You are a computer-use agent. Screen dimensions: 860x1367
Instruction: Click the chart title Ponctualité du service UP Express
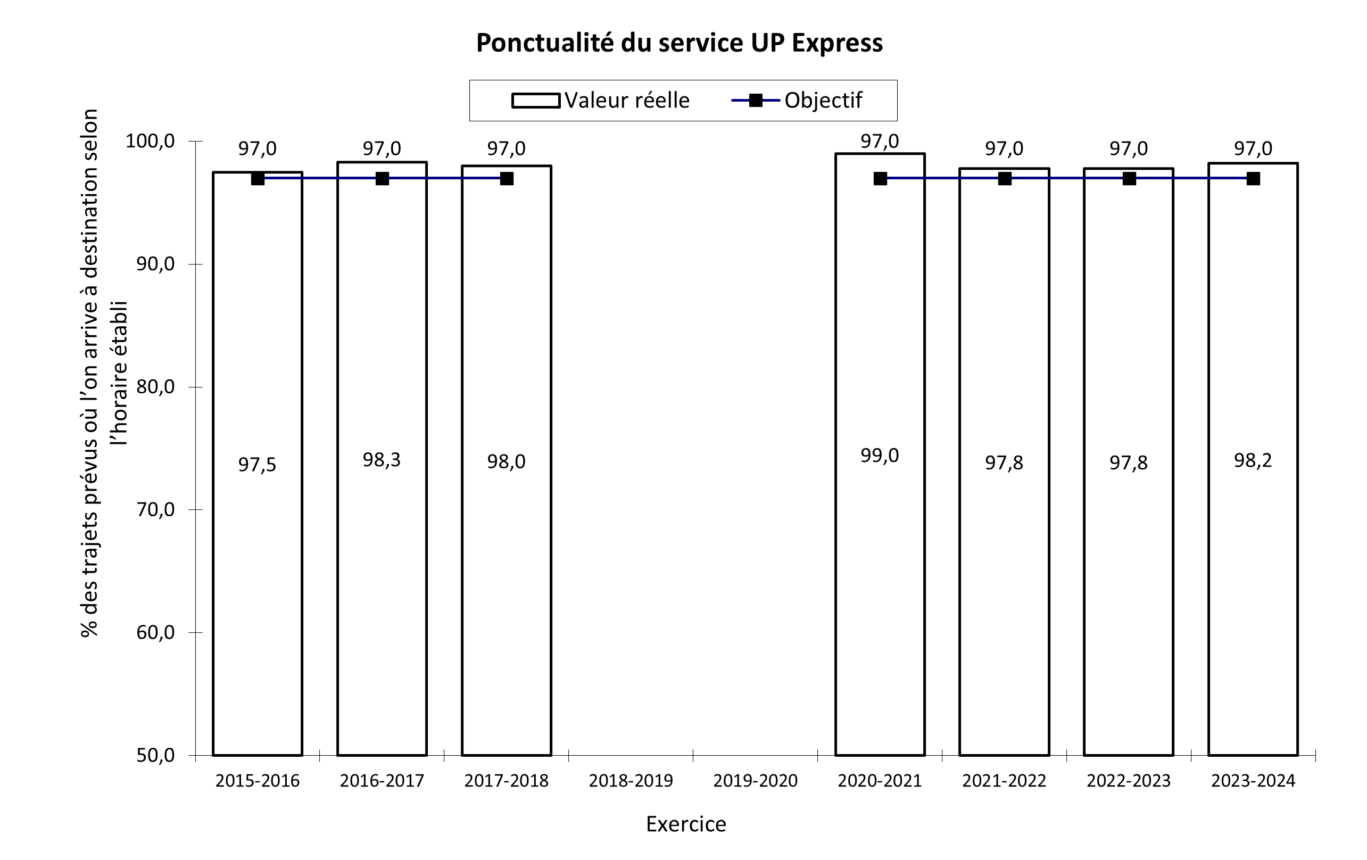point(679,43)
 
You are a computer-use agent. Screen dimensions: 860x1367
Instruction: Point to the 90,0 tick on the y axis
point(155,264)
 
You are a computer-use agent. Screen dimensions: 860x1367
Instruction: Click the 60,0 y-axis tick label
point(155,632)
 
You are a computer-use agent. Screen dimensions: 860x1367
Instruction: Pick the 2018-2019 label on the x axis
point(631,781)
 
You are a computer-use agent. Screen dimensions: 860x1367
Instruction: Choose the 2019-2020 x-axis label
point(755,781)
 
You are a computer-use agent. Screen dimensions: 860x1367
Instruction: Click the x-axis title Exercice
point(686,824)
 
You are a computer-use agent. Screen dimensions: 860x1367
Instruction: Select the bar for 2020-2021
point(880,568)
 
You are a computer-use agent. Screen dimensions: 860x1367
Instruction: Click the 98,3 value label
point(382,460)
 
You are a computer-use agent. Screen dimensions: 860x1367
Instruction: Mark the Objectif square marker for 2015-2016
point(258,179)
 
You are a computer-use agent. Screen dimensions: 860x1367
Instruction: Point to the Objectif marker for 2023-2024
point(1253,179)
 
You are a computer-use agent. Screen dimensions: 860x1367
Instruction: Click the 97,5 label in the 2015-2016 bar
point(257,465)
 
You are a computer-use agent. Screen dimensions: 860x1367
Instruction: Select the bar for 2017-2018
point(507,568)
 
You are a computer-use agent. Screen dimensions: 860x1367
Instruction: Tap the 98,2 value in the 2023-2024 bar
point(1253,460)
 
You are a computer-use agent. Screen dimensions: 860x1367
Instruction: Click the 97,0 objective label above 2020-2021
point(880,142)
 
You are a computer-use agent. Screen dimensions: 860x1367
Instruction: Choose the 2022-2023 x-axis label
point(1129,781)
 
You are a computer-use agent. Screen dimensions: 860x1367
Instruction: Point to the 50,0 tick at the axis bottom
point(155,756)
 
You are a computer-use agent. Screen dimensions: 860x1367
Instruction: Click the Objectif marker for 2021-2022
point(1004,179)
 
